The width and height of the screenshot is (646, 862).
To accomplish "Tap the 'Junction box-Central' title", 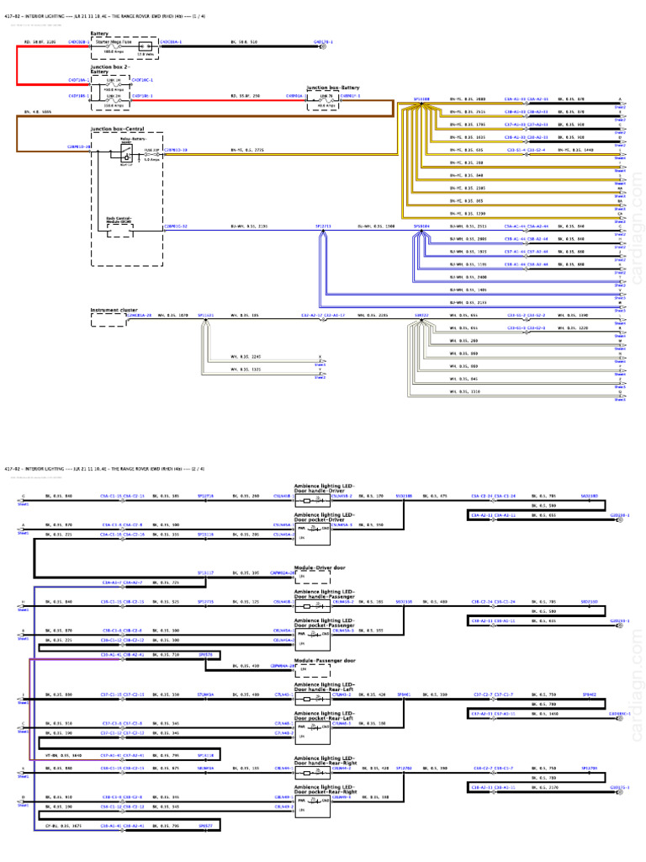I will pyautogui.click(x=117, y=129).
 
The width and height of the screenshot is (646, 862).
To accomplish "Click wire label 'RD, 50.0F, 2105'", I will pyautogui.click(x=39, y=40).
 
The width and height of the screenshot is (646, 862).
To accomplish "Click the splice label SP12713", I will pyautogui.click(x=324, y=226).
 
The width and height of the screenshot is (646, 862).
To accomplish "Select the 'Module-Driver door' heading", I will pyautogui.click(x=320, y=567).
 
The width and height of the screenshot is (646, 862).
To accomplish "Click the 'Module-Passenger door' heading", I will pyautogui.click(x=323, y=661).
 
